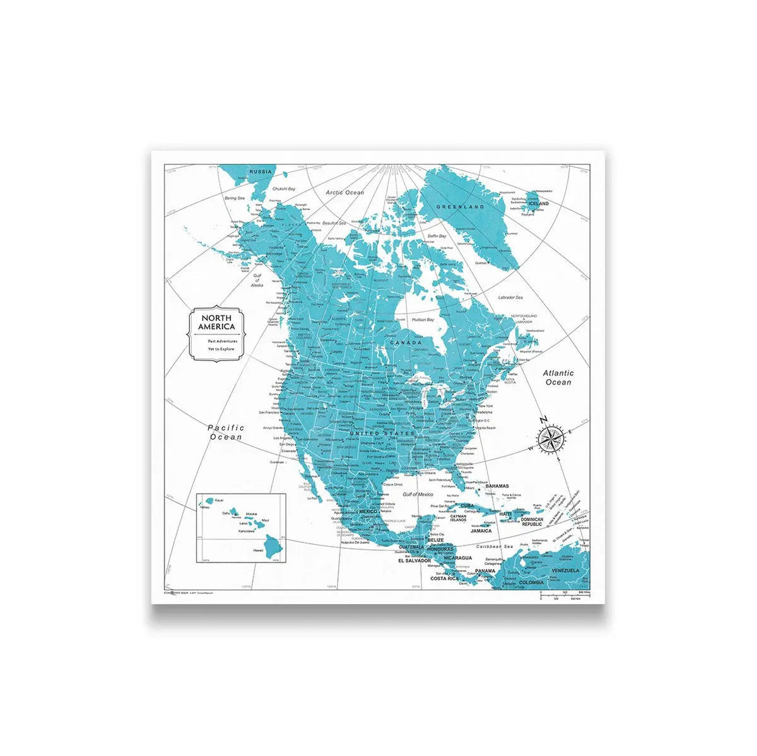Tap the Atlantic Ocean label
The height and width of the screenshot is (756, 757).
pyautogui.click(x=558, y=378)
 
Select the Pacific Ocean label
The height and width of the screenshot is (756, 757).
pyautogui.click(x=226, y=432)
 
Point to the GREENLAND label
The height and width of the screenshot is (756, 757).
pyautogui.click(x=463, y=206)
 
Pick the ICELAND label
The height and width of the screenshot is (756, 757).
pyautogui.click(x=538, y=204)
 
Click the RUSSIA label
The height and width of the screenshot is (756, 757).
pyautogui.click(x=261, y=172)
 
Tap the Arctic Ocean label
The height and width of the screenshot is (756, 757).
pyautogui.click(x=344, y=192)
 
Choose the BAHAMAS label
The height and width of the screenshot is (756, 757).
pyautogui.click(x=497, y=486)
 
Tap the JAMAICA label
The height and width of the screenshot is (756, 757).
pyautogui.click(x=481, y=531)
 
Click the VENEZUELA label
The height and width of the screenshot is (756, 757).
pyautogui.click(x=565, y=570)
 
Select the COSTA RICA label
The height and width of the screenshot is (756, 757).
pyautogui.click(x=443, y=578)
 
